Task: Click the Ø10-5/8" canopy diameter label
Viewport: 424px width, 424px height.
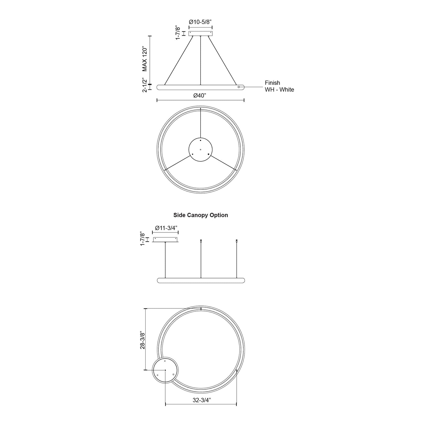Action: [x=200, y=22]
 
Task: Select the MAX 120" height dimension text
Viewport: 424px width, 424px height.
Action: [x=144, y=59]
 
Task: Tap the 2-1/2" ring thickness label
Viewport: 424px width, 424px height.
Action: [x=144, y=85]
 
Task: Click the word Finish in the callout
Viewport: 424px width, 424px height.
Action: [x=272, y=83]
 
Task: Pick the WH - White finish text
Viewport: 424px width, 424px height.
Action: [x=280, y=90]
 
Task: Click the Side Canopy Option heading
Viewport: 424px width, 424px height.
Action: [x=201, y=215]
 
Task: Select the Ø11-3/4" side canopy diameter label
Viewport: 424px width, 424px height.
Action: [x=166, y=228]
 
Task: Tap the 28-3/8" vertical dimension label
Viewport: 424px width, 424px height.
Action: [x=143, y=340]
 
